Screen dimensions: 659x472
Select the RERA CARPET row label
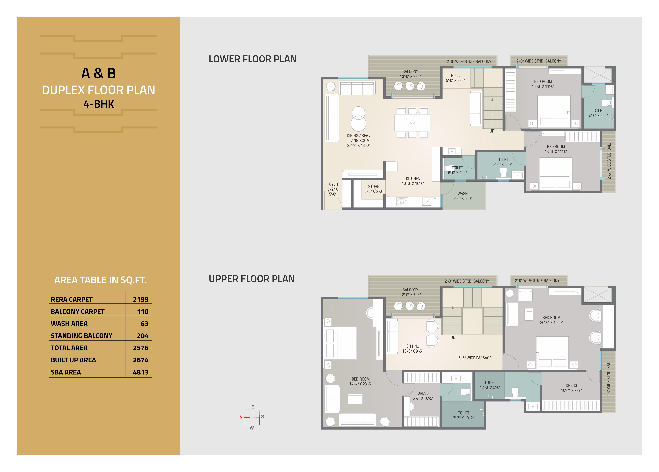tap(71, 299)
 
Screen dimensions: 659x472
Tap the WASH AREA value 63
tap(144, 324)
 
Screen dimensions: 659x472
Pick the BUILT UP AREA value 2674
tap(141, 360)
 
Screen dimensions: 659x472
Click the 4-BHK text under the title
tap(99, 104)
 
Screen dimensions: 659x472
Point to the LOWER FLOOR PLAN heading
tap(253, 59)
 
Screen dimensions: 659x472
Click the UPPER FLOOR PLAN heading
tap(252, 279)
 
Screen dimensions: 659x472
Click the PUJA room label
tap(455, 76)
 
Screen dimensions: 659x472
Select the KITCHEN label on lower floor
tap(413, 178)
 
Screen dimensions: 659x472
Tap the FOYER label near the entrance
tap(333, 184)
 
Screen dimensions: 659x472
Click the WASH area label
tap(463, 194)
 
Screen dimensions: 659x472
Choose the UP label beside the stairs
tap(492, 131)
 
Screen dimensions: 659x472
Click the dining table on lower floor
tap(412, 123)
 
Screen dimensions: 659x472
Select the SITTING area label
tap(413, 346)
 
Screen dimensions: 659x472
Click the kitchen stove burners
tap(402, 202)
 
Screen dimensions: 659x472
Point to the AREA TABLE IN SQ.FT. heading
tap(101, 280)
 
